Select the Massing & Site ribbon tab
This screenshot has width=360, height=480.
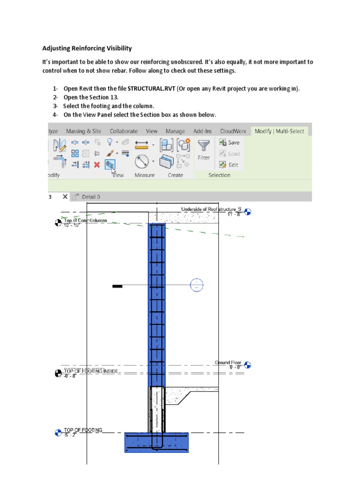tap(83, 131)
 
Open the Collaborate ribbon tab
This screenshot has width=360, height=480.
tap(124, 131)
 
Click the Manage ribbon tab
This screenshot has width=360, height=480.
tap(175, 131)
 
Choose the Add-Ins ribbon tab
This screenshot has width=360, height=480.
tap(202, 131)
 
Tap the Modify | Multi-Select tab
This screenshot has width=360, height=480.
tap(279, 131)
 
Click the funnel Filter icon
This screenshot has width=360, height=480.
tap(203, 146)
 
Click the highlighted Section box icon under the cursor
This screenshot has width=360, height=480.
tap(110, 165)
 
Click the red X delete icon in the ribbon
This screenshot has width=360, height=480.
tap(97, 165)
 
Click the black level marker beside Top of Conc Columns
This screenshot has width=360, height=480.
tap(58, 223)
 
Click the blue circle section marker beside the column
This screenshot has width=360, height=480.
tap(197, 285)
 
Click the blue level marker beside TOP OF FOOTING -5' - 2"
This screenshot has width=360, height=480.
tap(58, 432)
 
